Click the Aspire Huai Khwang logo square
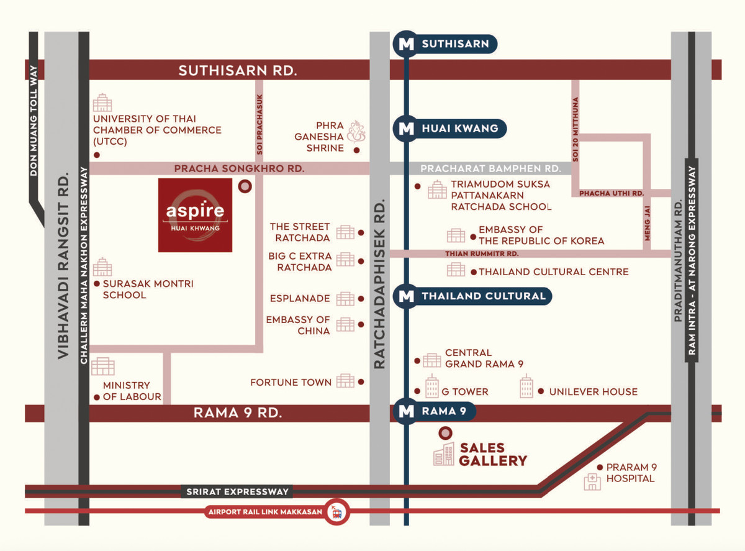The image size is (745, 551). (x=195, y=215)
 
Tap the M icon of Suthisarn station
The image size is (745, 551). (x=406, y=43)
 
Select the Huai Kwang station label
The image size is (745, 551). (x=459, y=129)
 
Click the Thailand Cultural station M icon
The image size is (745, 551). (x=406, y=296)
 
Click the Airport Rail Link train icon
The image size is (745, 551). (x=338, y=512)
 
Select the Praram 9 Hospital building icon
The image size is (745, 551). (x=592, y=482)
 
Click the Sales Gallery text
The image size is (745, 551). (x=493, y=454)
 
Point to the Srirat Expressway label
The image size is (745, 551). (x=238, y=491)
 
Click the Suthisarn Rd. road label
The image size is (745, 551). (x=238, y=70)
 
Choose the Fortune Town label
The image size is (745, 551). (x=291, y=382)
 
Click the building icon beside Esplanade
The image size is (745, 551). (x=345, y=299)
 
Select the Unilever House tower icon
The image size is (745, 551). (x=526, y=387)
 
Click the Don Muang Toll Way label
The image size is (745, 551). (x=34, y=121)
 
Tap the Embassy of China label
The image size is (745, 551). (x=298, y=325)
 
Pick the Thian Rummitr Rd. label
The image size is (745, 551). (x=482, y=253)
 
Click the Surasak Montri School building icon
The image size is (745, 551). (x=102, y=268)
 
